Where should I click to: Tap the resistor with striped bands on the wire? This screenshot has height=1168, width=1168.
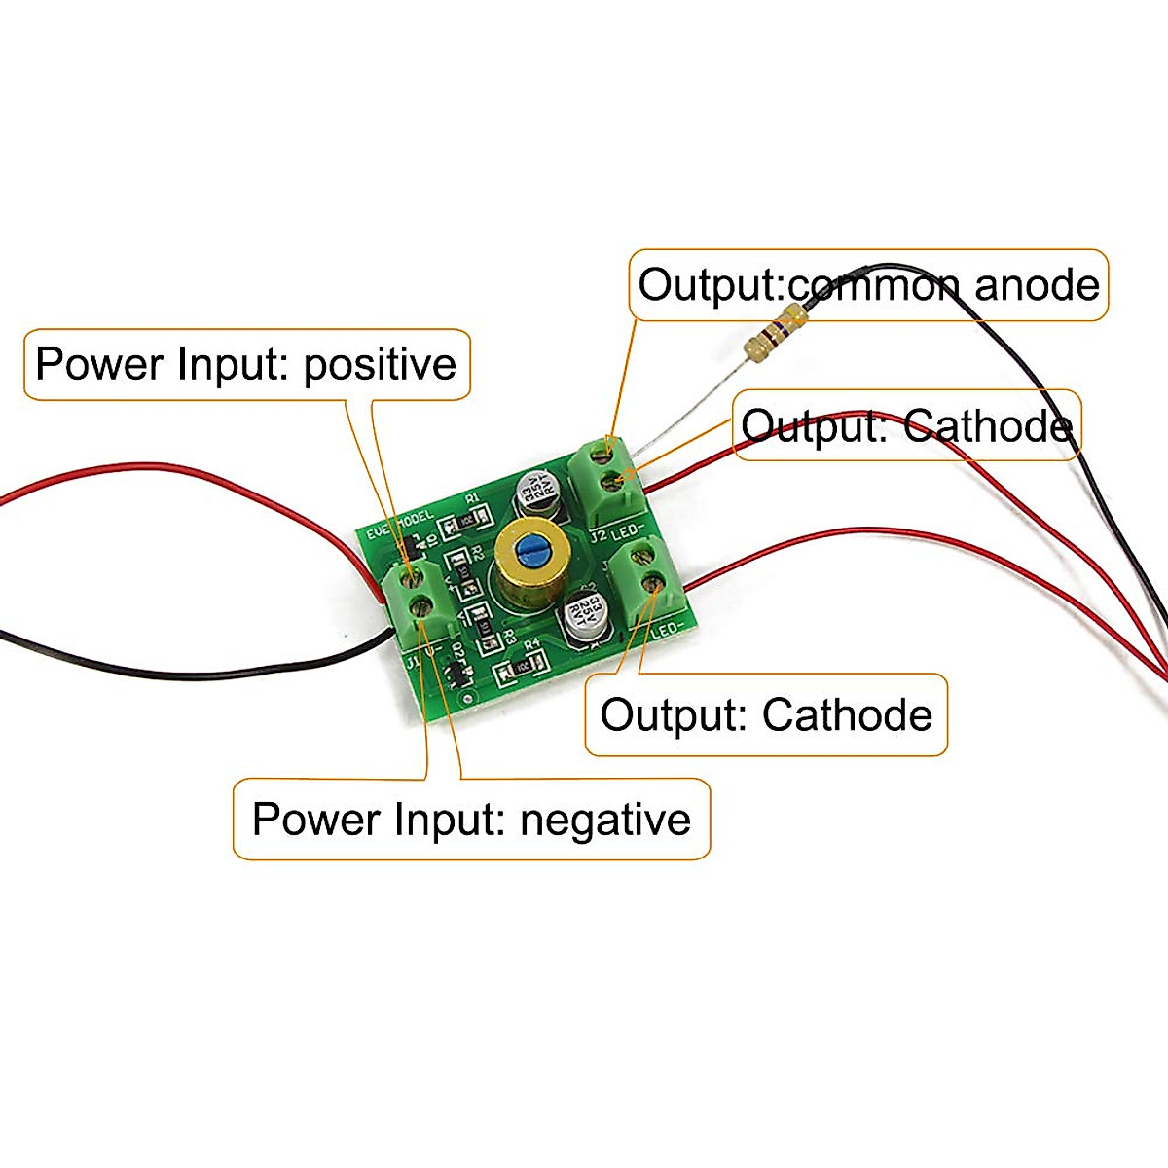775,330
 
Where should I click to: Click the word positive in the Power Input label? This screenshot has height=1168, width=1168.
380,364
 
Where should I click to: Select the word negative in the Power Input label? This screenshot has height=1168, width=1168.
604,820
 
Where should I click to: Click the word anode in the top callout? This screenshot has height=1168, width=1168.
1037,285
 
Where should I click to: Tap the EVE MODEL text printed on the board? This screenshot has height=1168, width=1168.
399,527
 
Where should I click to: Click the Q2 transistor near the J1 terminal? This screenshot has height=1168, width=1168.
454,671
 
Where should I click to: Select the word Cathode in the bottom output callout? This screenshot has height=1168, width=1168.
847,715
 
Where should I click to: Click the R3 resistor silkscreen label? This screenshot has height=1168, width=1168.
507,638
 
